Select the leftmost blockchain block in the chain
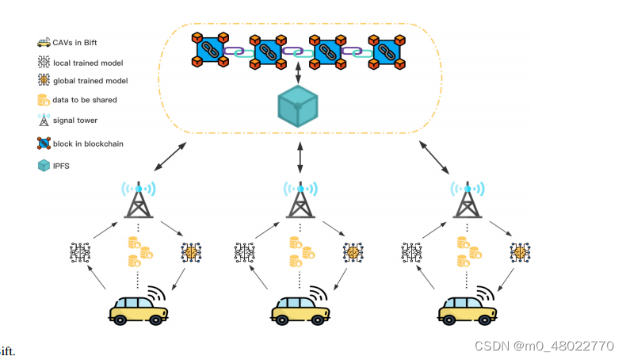pyautogui.click(x=210, y=51)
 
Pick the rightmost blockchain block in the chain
pyautogui.click(x=388, y=51)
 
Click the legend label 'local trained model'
pyautogui.click(x=87, y=61)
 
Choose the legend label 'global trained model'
pyautogui.click(x=90, y=81)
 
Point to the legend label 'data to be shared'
pyautogui.click(x=85, y=100)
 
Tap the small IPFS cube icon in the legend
pyautogui.click(x=44, y=167)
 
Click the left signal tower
pyautogui.click(x=138, y=201)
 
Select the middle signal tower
pyautogui.click(x=300, y=201)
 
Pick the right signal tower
pyautogui.click(x=467, y=201)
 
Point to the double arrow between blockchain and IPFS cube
pyautogui.click(x=299, y=75)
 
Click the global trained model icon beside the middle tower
pyautogui.click(x=353, y=253)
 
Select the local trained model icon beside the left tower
pyautogui.click(x=81, y=253)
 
